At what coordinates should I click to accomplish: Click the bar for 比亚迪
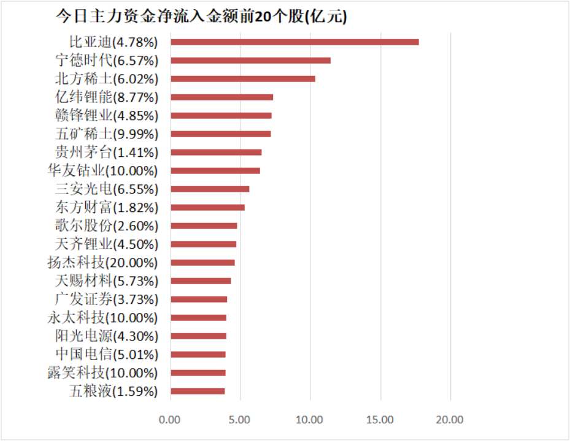pos(295,42)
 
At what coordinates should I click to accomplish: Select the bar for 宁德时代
pos(250,61)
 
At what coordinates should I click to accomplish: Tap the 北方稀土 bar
pos(243,79)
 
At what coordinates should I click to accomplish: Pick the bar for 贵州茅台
pos(216,152)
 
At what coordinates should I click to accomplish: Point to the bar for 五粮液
pos(198,391)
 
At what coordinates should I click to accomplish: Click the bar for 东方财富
pos(207,207)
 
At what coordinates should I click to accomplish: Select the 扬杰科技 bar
pos(202,262)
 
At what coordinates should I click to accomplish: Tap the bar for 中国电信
pos(198,354)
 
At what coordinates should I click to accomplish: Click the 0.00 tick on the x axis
pos(170,420)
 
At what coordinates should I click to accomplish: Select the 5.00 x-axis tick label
pos(240,420)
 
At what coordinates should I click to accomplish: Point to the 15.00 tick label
pos(380,420)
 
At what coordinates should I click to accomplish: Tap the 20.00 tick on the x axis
pos(450,420)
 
